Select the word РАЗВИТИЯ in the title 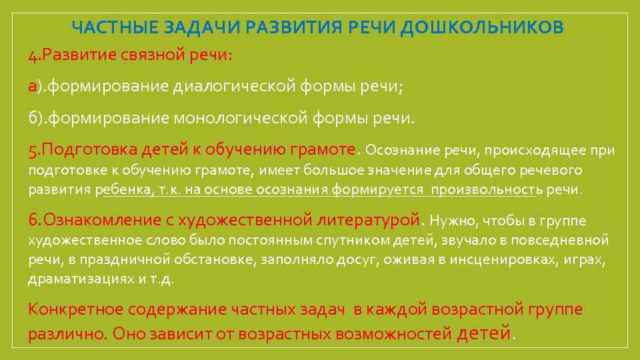point(290,27)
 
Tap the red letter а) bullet point(33,87)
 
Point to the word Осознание point(398,150)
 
